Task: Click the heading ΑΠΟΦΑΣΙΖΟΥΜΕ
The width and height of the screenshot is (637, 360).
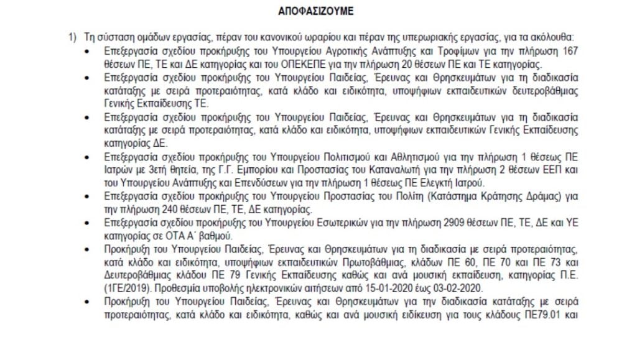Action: tap(318, 11)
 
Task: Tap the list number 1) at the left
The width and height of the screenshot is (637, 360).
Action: tap(72, 37)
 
